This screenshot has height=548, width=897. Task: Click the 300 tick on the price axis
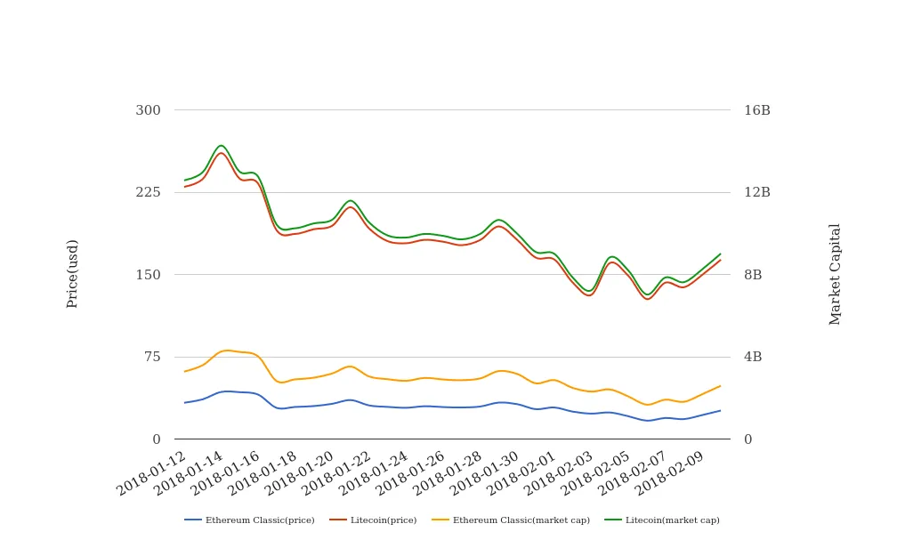click(148, 110)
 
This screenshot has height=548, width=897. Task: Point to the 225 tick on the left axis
click(148, 192)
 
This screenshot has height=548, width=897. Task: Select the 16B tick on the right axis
click(756, 110)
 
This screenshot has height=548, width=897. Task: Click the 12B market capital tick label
click(756, 192)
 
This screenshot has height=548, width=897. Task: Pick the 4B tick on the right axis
click(753, 357)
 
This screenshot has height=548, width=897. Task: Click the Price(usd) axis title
click(72, 273)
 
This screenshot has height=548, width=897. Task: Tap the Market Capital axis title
click(835, 274)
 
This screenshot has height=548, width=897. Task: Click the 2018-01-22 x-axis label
click(338, 472)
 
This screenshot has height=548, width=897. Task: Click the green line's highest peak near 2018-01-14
click(221, 145)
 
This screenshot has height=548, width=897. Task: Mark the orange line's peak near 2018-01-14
click(226, 351)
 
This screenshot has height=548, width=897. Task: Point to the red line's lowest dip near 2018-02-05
click(647, 299)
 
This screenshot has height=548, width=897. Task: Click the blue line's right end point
click(720, 410)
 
